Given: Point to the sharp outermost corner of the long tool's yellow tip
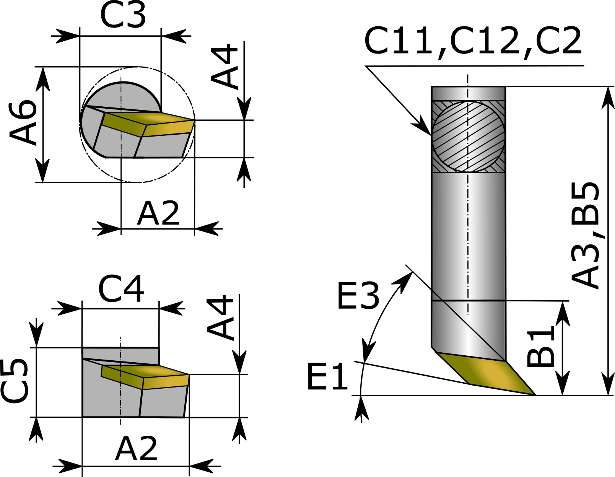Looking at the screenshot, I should (532, 393).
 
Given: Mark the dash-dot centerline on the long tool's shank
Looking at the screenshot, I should (468, 230).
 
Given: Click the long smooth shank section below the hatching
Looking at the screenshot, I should (447, 237).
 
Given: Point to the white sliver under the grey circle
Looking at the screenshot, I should (119, 159).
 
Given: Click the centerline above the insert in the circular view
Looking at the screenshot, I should (121, 96).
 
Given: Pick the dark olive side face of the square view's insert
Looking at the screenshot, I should (122, 377).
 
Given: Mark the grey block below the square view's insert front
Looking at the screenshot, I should (163, 402).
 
